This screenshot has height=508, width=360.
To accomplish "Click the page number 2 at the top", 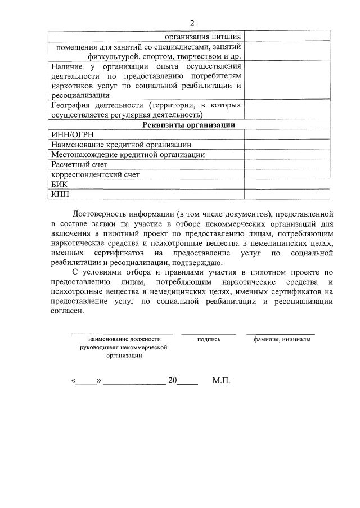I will coord(192,23).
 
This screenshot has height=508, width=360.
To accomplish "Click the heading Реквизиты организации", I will coord(188,125).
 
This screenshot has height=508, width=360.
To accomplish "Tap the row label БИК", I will coord(59,184).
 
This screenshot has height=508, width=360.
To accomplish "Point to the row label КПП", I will coord(60,194).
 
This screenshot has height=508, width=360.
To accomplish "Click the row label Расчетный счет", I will coord(79,164).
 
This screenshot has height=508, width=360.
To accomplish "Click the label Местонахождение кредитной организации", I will coord(128,154).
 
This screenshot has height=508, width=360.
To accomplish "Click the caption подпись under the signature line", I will coord(209,339).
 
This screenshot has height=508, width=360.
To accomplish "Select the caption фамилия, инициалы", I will coord(281,339).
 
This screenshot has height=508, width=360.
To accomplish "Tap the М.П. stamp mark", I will coord(222,381).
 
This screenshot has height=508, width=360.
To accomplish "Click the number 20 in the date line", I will coord(173,381).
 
